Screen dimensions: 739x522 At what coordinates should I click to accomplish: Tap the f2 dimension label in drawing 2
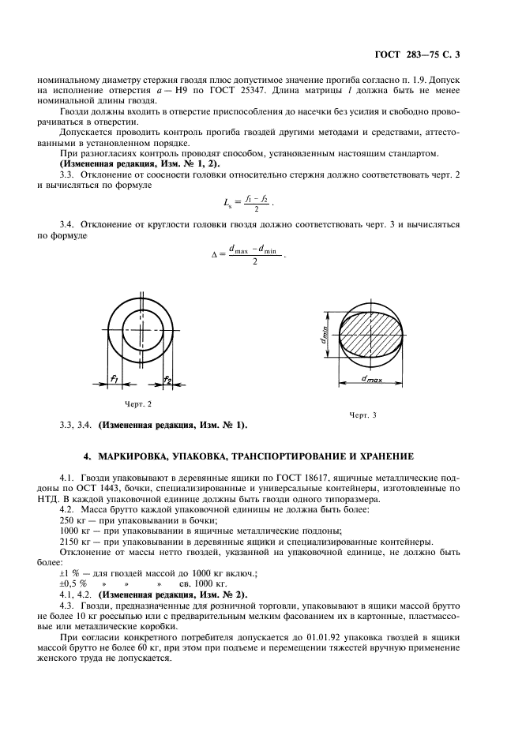point(167,380)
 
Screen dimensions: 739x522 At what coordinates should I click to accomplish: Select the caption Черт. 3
point(363,415)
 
